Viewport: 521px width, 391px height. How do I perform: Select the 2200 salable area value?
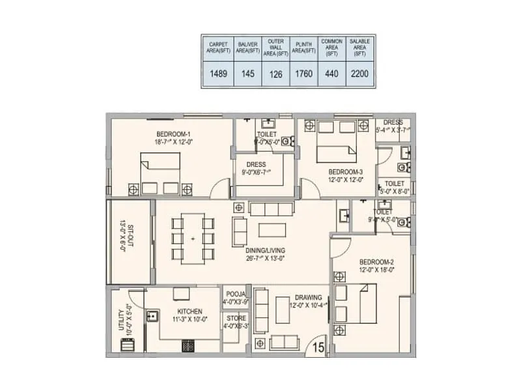(x=360, y=74)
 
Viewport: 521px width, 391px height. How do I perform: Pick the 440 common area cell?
(x=331, y=74)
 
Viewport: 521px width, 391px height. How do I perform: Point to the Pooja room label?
(x=236, y=294)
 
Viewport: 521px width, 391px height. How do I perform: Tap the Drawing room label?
(x=307, y=297)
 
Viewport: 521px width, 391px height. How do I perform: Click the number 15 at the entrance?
(x=319, y=346)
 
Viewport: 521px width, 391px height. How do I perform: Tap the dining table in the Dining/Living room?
(x=193, y=239)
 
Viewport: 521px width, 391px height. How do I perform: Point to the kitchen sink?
(x=154, y=317)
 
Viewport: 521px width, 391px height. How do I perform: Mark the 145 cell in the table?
(x=247, y=74)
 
